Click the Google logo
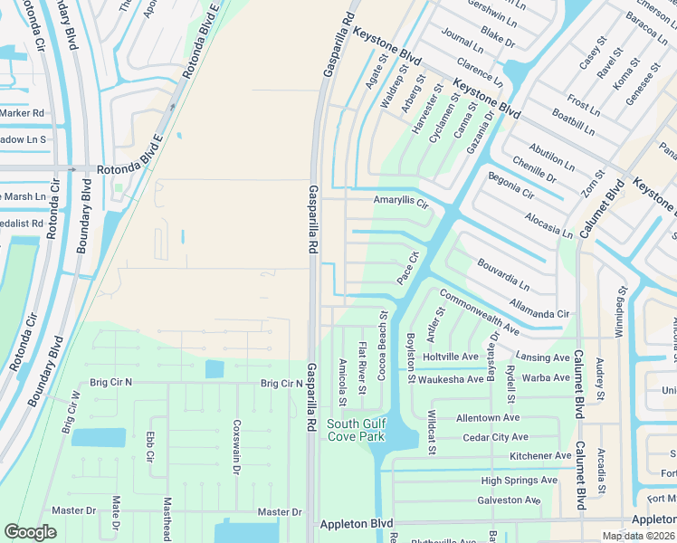coord(30,532)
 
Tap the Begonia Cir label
coord(510,185)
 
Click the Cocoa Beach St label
coord(383,346)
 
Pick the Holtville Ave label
coord(451,357)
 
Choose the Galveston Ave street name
coord(508,500)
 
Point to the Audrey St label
coord(599,379)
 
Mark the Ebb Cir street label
coord(151,447)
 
